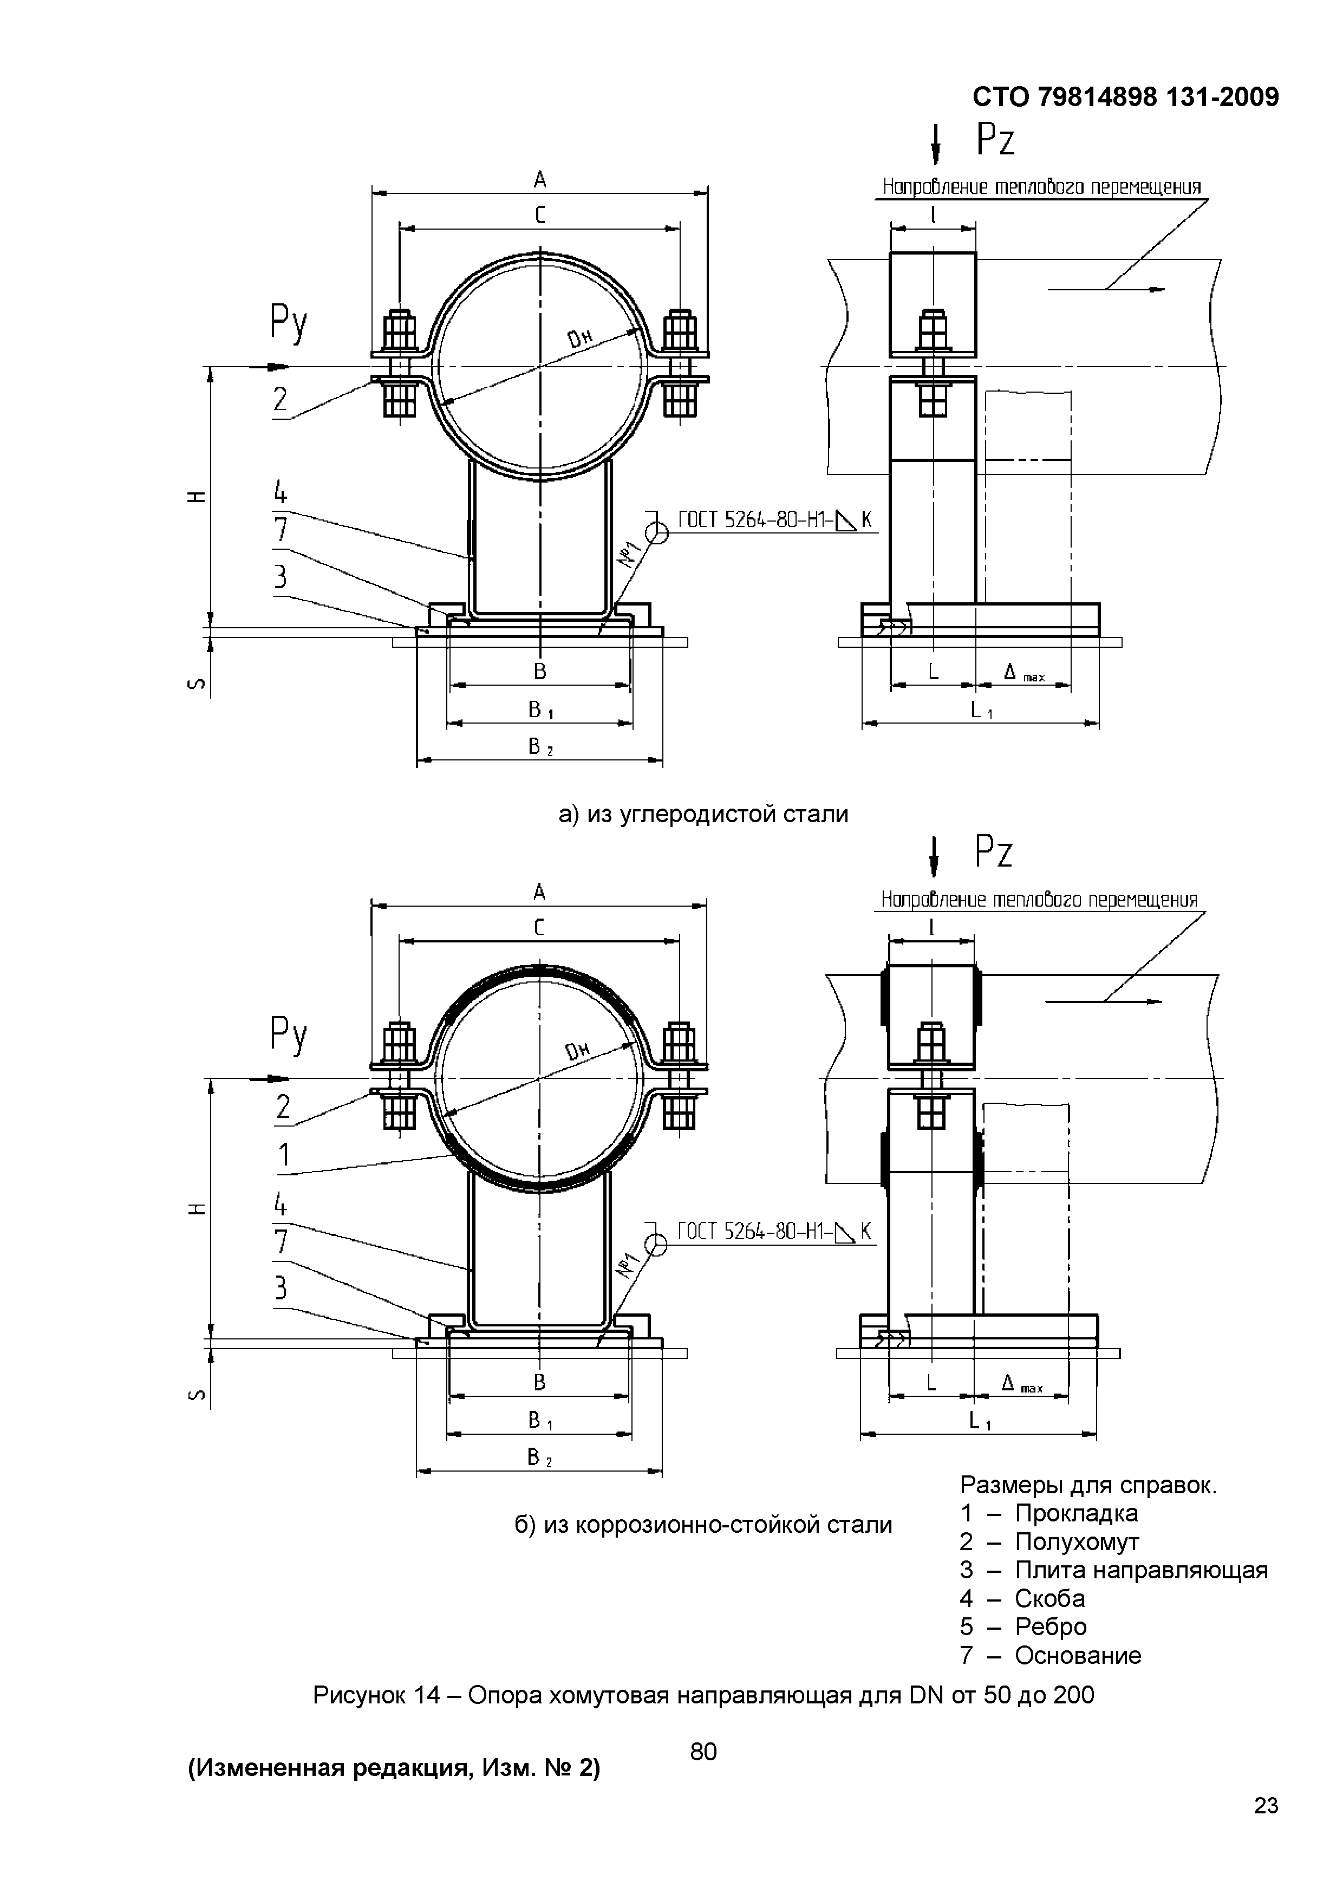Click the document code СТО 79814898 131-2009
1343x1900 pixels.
[x=1125, y=97]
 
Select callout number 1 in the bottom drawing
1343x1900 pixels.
[x=284, y=1154]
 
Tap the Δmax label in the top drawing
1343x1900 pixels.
[x=1023, y=674]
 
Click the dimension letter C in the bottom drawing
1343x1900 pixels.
[x=539, y=928]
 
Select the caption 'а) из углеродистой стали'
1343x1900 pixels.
[x=703, y=814]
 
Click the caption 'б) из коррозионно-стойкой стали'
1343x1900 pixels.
[x=703, y=1524]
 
